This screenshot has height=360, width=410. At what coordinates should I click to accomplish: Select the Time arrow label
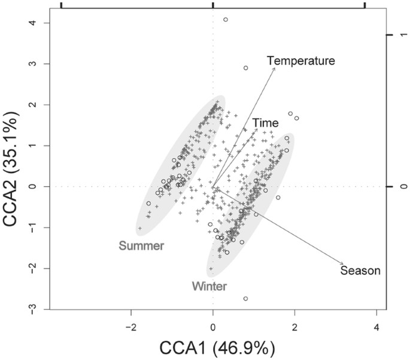pos(265,123)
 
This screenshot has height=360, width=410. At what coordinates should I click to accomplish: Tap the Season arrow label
pos(360,271)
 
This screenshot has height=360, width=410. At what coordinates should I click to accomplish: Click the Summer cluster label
pos(141,246)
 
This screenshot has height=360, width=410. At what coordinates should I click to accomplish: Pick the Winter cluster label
pos(209,286)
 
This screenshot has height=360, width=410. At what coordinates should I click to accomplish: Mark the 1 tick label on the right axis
pos(405,35)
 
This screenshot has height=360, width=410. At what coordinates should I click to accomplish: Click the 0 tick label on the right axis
pos(405,187)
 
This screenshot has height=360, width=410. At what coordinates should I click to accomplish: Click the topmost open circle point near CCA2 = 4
pos(226,20)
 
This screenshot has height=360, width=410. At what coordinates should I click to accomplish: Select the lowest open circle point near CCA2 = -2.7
pos(245,298)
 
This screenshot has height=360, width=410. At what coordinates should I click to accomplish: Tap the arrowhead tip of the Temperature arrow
pos(275,68)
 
